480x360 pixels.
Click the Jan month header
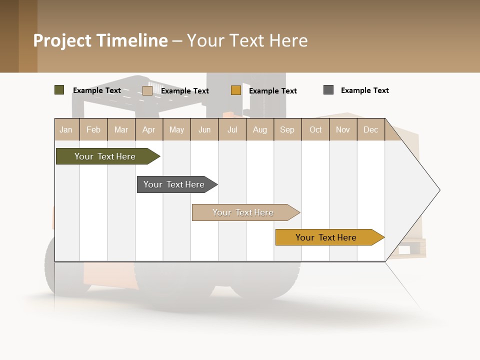coord(66,129)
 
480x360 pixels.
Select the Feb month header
coord(93,129)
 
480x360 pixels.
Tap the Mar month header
coord(121,129)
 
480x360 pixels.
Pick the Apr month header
coord(148,129)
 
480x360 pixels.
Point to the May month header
coord(176,129)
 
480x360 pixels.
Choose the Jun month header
coord(204,129)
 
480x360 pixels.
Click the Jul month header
coord(232,129)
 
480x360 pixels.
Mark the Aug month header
coord(260,129)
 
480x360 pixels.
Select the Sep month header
coord(287,129)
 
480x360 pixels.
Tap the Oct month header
coord(315,129)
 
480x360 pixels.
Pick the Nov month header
coord(343,129)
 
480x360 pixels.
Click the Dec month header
coord(371,129)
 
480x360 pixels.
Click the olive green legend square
coord(59,90)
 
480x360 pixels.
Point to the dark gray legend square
coord(328,90)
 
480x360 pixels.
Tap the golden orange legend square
coord(236,90)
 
